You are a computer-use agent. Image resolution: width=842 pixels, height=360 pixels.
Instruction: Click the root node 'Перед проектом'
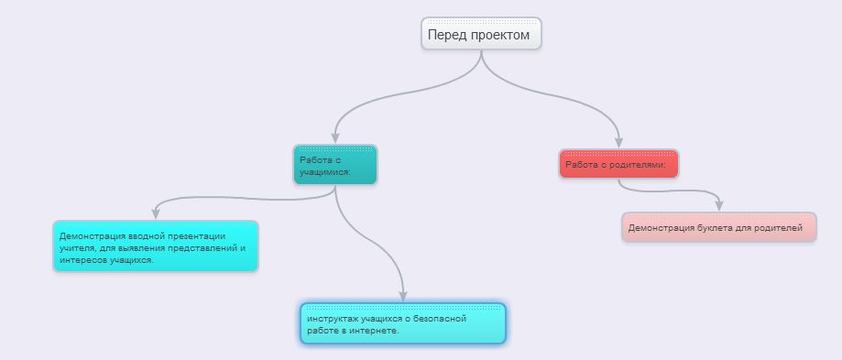point(481,34)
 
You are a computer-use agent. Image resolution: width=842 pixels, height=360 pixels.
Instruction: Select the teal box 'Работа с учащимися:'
point(334,165)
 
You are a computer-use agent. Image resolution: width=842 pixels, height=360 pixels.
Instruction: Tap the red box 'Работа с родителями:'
point(618,164)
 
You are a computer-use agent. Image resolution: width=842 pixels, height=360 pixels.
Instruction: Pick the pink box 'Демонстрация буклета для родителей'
point(718,227)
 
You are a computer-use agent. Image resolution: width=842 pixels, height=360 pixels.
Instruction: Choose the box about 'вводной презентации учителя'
point(155,246)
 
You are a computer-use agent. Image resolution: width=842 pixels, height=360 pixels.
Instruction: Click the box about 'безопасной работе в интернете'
point(402,323)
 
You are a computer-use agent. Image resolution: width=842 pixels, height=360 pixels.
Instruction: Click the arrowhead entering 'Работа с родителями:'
point(618,142)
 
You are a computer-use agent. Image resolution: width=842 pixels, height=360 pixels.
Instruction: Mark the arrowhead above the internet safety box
point(402,295)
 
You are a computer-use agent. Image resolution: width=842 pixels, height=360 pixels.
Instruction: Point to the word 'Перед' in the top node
point(446,35)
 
